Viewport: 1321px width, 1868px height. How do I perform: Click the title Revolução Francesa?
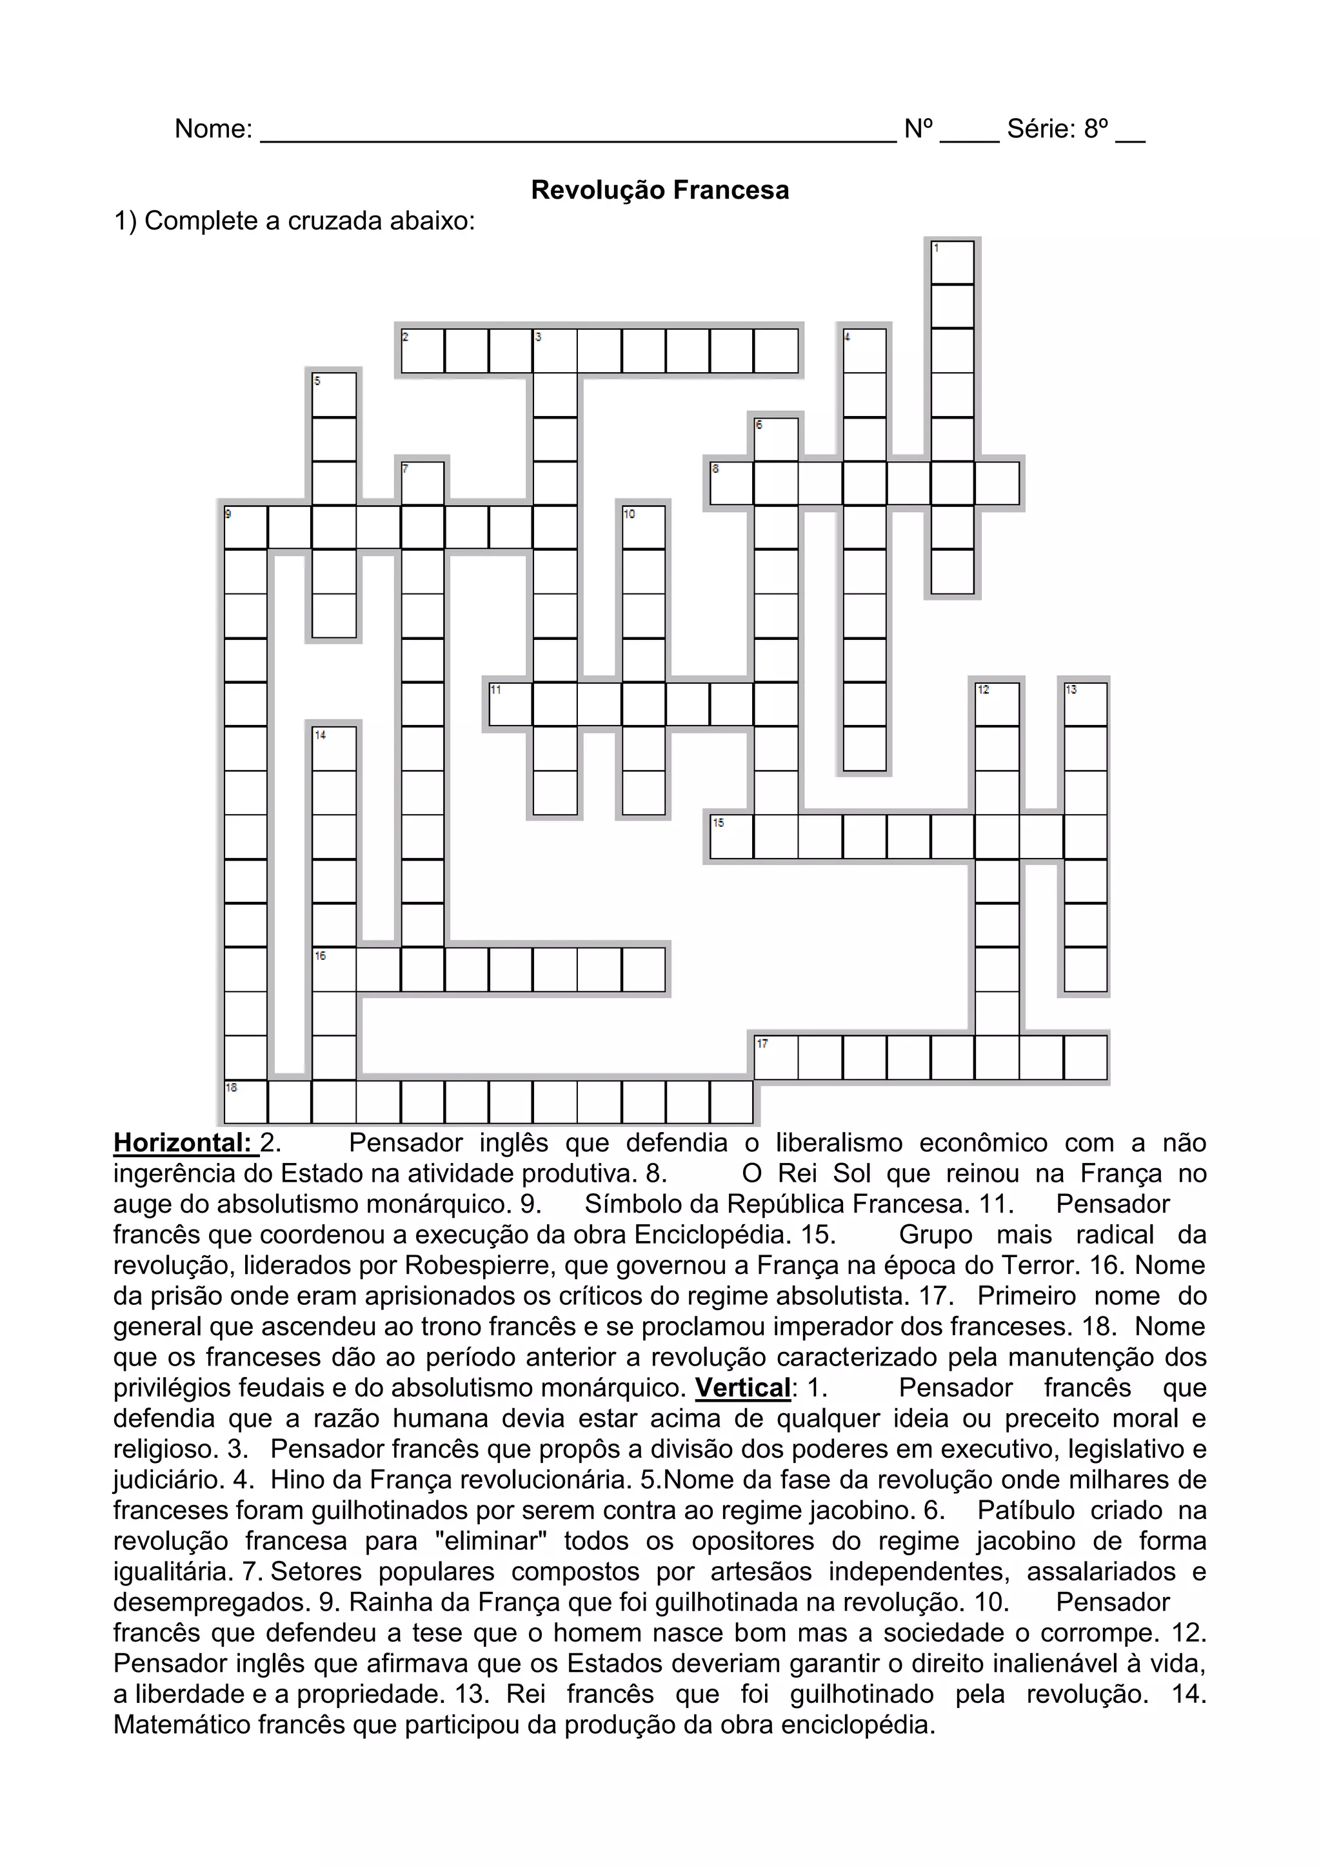click(x=660, y=190)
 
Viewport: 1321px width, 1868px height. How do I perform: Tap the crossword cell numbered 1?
click(x=953, y=262)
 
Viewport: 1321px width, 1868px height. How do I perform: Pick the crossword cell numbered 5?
click(x=334, y=395)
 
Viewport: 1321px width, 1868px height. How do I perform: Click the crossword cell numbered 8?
click(x=731, y=483)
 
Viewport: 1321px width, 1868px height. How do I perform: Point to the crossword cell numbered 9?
click(x=246, y=527)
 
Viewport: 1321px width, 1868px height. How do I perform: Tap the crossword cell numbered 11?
click(x=510, y=704)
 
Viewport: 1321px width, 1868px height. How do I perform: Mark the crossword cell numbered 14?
click(x=334, y=748)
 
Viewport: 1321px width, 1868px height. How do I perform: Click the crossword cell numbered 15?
click(x=731, y=837)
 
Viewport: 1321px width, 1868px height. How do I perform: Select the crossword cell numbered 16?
click(x=334, y=969)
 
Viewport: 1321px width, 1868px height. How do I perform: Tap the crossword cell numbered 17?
click(x=776, y=1057)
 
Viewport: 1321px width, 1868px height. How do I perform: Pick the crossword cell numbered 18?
click(x=246, y=1102)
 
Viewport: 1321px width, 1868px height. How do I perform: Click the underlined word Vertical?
click(x=742, y=1388)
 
